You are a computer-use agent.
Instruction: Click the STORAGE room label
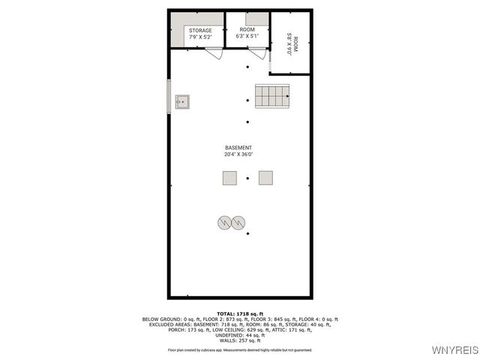[x=200, y=31]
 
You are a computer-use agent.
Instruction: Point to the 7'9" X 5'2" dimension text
[x=200, y=37]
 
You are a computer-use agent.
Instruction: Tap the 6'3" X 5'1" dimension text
[x=247, y=35]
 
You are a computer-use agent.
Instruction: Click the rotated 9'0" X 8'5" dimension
[x=289, y=43]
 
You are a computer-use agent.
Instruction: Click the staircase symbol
[x=272, y=96]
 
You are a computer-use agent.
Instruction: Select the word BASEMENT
[x=238, y=148]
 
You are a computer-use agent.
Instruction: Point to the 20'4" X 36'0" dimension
[x=238, y=154]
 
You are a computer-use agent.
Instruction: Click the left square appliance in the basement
[x=229, y=178]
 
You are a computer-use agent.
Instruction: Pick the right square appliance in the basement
[x=265, y=178]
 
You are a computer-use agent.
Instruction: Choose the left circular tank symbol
[x=224, y=222]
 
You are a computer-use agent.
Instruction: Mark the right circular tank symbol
[x=238, y=222]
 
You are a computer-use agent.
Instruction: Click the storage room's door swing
[x=214, y=53]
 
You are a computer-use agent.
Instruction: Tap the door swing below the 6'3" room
[x=258, y=53]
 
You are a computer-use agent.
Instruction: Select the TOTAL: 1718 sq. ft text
[x=239, y=313]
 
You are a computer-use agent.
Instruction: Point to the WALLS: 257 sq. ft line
[x=239, y=340]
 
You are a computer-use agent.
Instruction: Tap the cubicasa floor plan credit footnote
[x=239, y=349]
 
